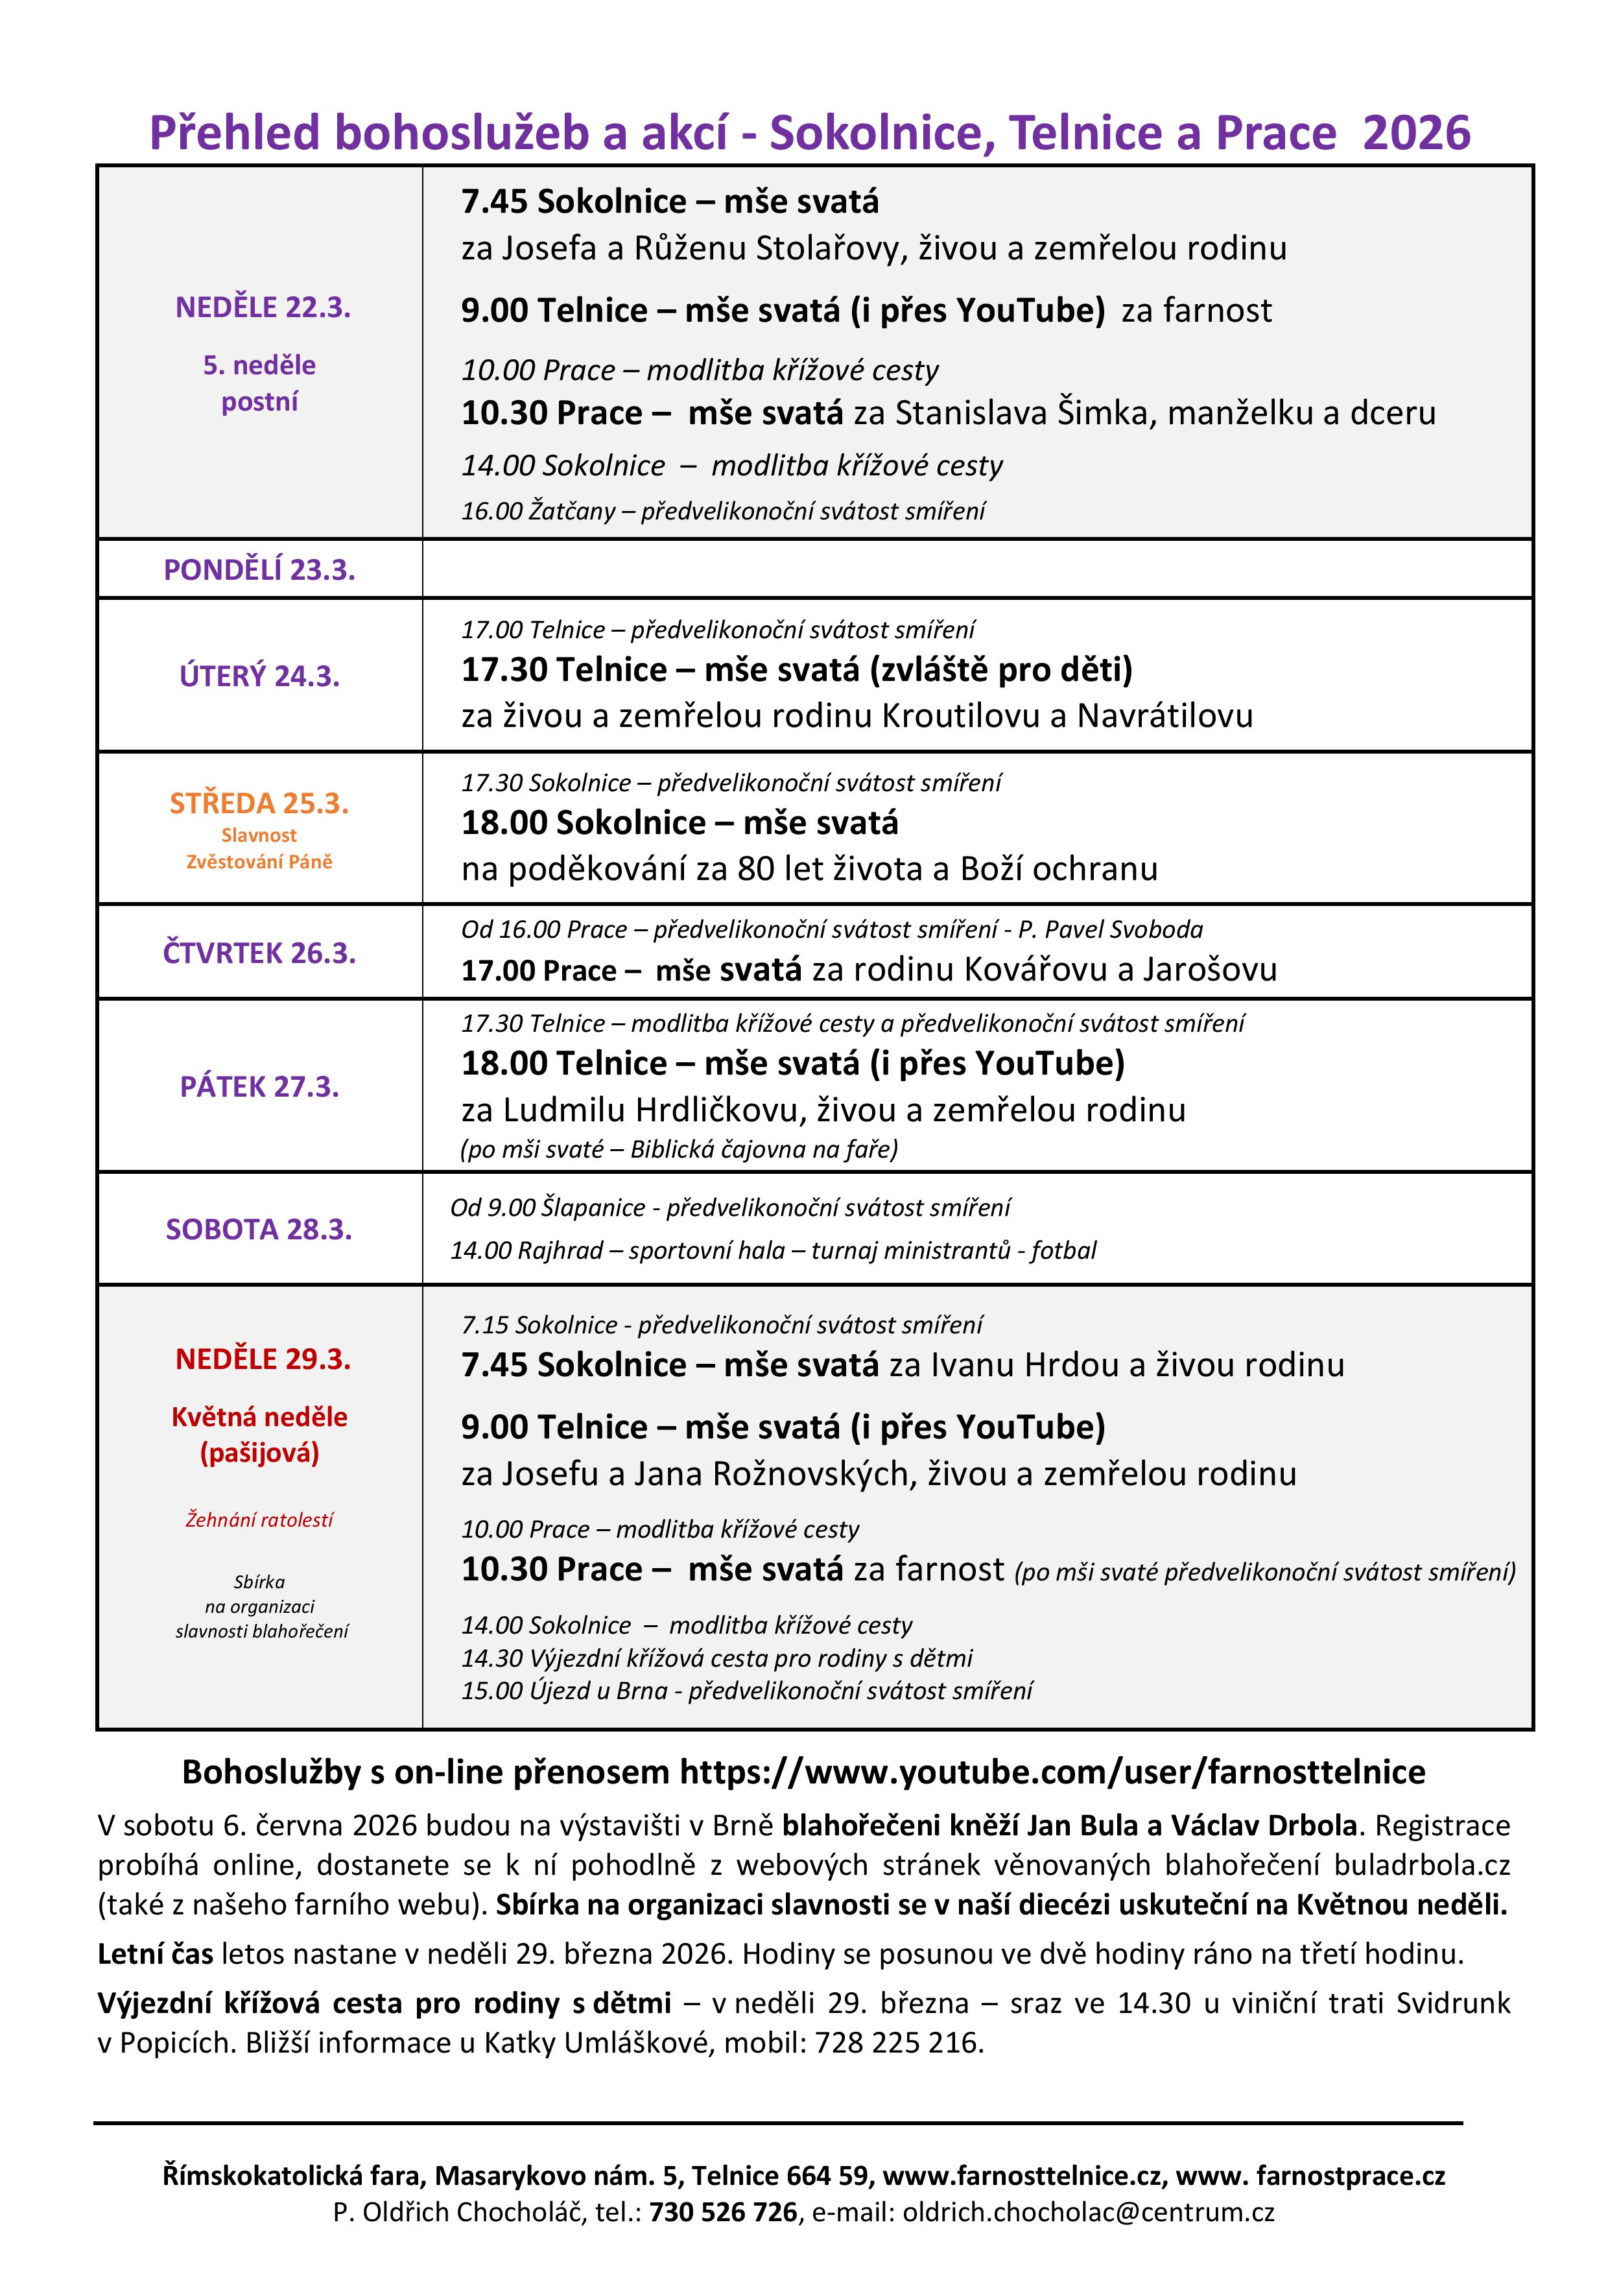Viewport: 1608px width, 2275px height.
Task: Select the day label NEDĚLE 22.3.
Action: (x=263, y=307)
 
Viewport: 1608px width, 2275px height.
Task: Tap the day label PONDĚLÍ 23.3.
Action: (x=259, y=570)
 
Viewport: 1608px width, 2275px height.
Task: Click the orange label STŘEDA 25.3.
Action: (x=259, y=803)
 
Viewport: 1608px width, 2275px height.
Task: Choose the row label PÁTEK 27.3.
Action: (x=259, y=1087)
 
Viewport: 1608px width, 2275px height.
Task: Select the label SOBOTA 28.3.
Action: (x=259, y=1229)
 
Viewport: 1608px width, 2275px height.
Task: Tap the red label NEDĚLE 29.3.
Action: (x=263, y=1359)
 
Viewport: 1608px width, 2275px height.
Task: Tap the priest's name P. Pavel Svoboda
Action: (x=1111, y=929)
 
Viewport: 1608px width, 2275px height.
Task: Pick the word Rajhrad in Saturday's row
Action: (x=560, y=1250)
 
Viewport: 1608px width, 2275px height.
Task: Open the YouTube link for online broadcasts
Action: (x=1052, y=1772)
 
